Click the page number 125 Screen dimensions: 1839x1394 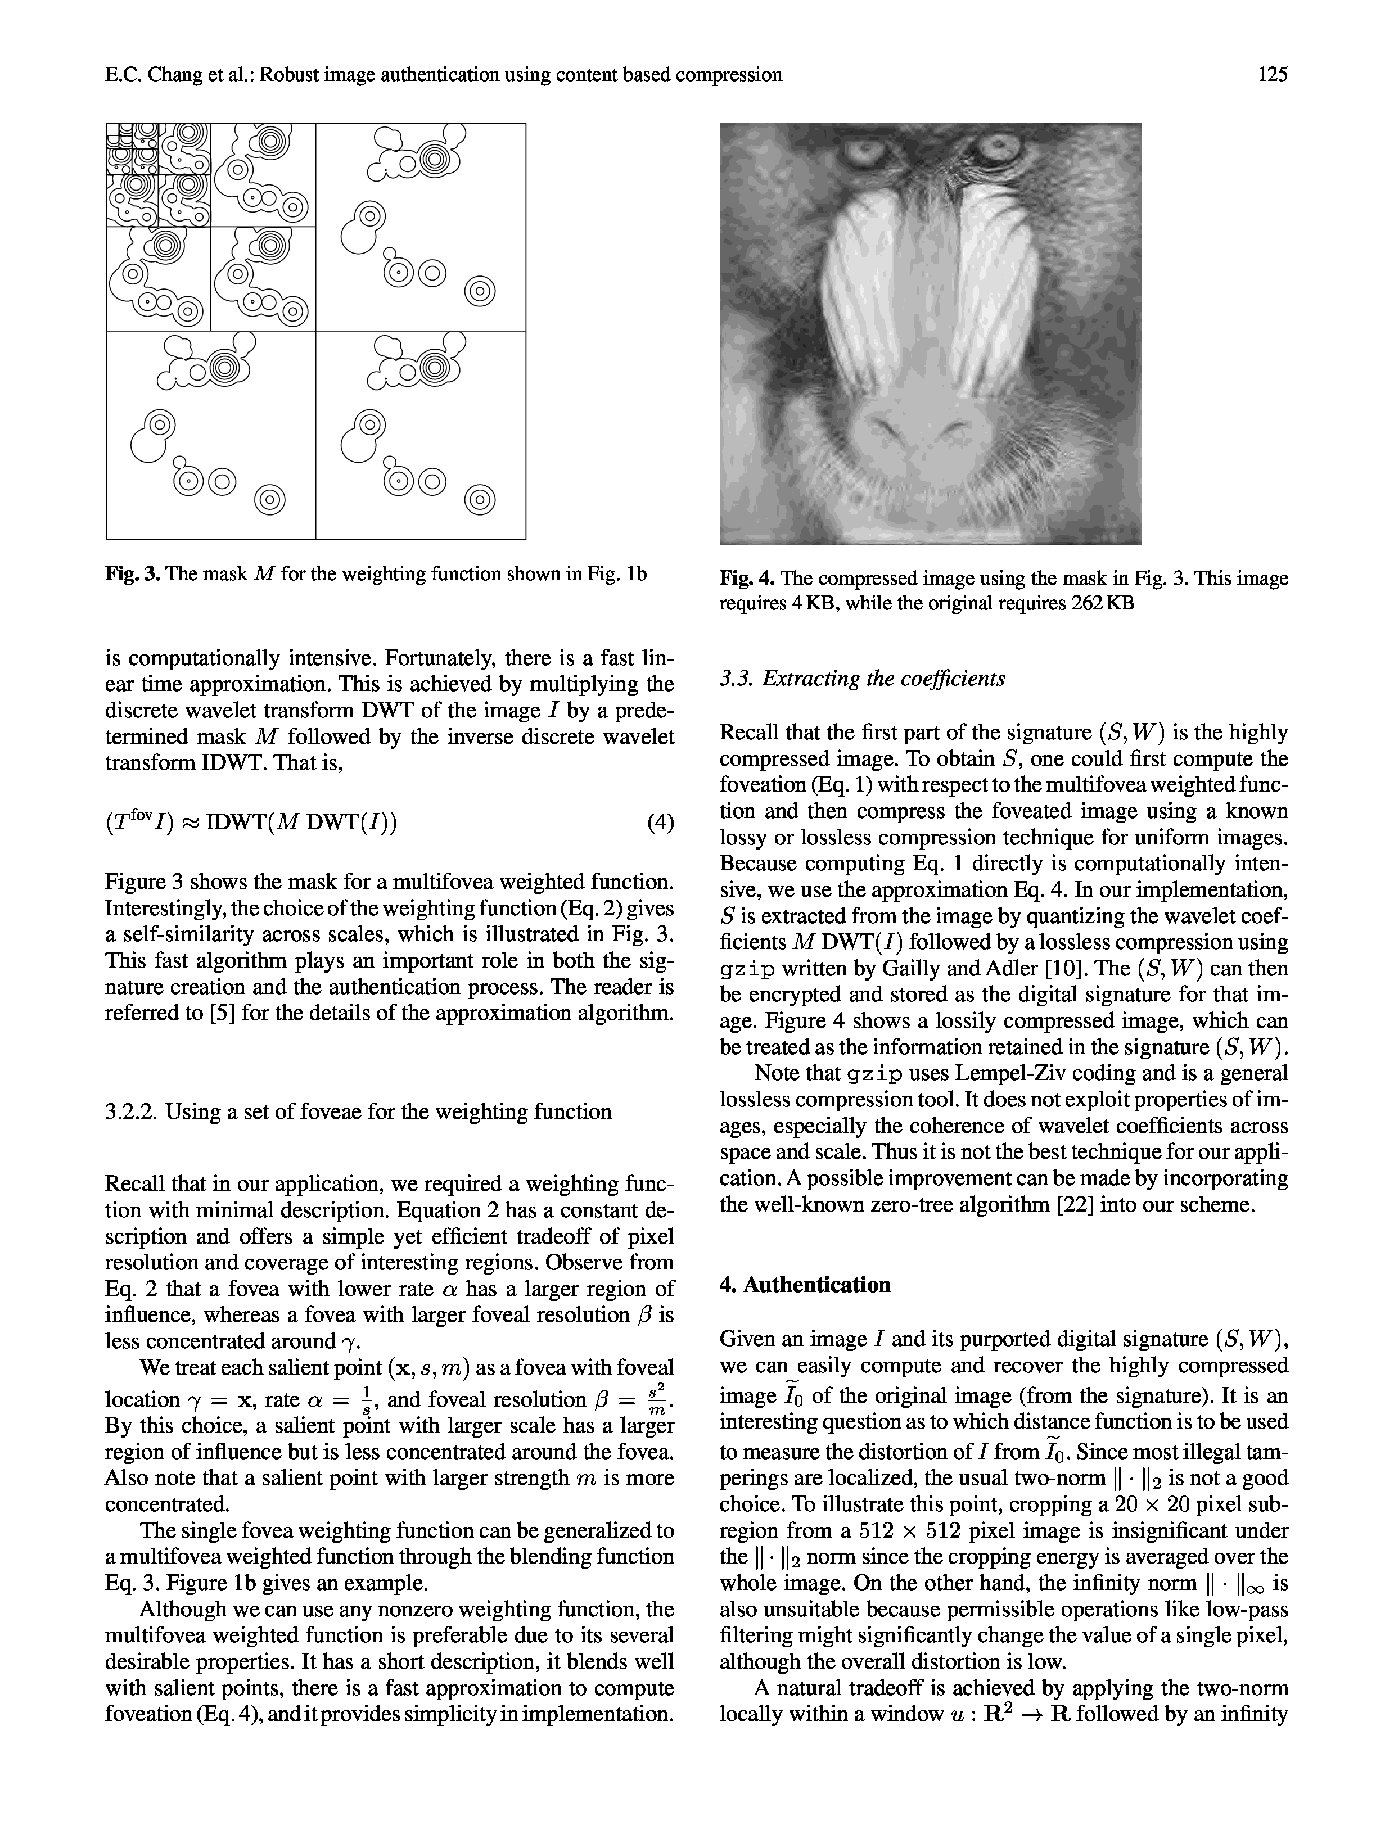[1273, 75]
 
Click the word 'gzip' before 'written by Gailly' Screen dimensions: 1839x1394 [747, 969]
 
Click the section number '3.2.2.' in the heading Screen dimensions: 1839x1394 [132, 1111]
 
